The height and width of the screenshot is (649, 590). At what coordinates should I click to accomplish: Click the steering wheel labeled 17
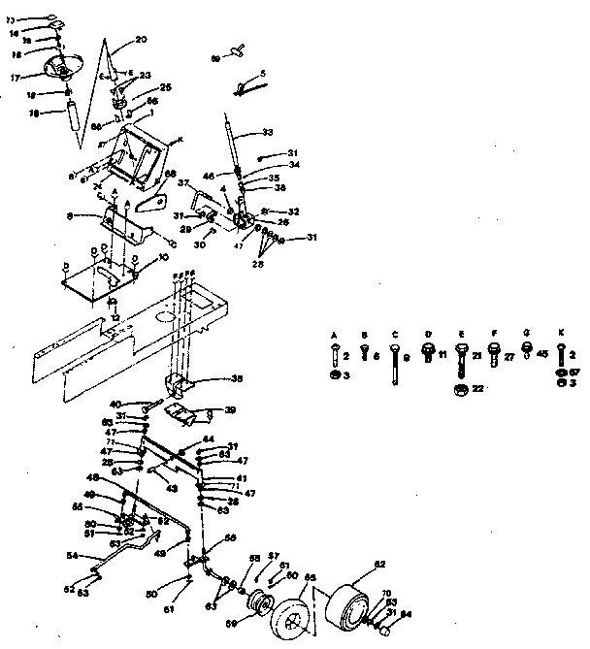click(x=61, y=67)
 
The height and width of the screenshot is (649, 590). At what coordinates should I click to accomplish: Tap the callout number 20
click(x=141, y=40)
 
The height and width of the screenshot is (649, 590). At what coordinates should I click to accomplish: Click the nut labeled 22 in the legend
click(x=459, y=389)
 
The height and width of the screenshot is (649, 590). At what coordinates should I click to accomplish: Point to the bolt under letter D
click(x=427, y=348)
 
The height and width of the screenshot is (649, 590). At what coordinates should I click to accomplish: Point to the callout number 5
click(x=262, y=74)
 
